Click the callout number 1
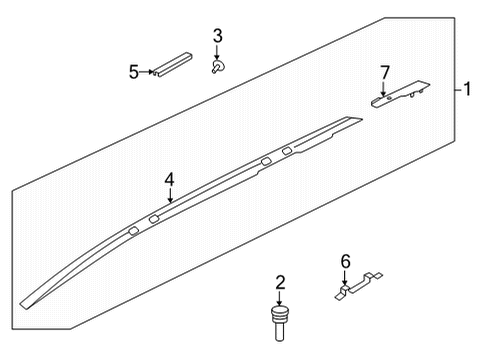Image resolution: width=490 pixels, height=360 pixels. tap(467, 90)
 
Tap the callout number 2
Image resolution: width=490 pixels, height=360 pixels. tap(280, 283)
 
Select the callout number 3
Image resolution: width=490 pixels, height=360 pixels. tap(217, 38)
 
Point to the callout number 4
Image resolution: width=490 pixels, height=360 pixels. tap(170, 179)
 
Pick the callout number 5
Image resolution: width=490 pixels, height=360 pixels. tap(133, 71)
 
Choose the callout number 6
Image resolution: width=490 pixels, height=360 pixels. tap(345, 262)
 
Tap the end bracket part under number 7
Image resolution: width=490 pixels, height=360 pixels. tap(400, 95)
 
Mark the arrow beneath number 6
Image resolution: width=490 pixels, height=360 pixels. tap(345, 279)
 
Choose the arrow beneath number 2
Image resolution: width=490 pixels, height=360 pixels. tap(280, 299)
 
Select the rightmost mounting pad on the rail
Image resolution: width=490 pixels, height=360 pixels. tap(288, 152)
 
